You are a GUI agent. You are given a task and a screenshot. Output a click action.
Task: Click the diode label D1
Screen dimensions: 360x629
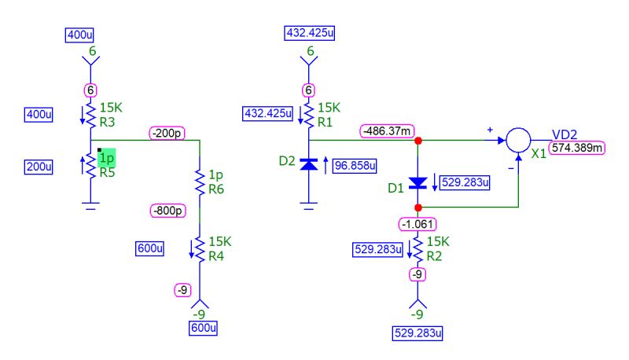[x=395, y=189]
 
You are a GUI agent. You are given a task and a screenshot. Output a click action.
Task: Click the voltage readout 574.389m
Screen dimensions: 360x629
[x=576, y=148]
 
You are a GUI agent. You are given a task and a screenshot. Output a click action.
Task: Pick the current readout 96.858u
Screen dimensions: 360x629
[x=355, y=167]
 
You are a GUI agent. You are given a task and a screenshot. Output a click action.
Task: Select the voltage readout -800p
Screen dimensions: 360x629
[x=167, y=211]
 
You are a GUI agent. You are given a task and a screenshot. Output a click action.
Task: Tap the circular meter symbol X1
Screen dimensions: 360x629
[x=517, y=141]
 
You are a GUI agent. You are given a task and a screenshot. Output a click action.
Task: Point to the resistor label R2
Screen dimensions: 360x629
[x=436, y=255]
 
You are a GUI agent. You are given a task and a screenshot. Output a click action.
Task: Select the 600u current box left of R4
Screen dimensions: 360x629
[x=150, y=248]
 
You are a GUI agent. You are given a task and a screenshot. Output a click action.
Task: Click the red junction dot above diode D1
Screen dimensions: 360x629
[x=417, y=141]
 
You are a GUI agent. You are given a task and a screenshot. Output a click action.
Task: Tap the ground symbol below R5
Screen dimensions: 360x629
[x=90, y=206]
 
